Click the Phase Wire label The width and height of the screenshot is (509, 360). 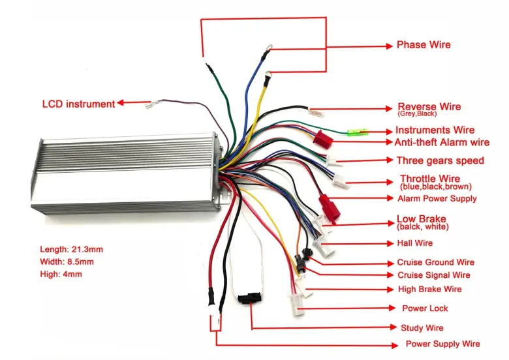click(x=424, y=45)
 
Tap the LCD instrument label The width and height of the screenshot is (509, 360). click(x=78, y=104)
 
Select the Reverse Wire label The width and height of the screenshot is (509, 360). click(x=429, y=107)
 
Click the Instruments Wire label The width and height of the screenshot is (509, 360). click(x=435, y=130)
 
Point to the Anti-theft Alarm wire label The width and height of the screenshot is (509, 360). click(x=442, y=142)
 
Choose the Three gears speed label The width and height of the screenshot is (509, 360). click(x=440, y=160)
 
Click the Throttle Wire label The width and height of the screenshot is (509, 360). click(x=429, y=179)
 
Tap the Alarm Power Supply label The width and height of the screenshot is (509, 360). click(x=437, y=198)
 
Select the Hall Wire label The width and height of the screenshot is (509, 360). click(x=415, y=243)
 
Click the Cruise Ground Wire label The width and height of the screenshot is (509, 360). click(x=435, y=262)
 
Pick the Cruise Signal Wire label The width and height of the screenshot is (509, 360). click(x=433, y=275)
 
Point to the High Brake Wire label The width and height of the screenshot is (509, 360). click(x=429, y=289)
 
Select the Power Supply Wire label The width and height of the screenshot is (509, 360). click(x=442, y=344)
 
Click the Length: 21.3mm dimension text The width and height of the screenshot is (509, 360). click(x=71, y=249)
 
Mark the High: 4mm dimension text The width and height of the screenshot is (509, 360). click(x=60, y=274)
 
